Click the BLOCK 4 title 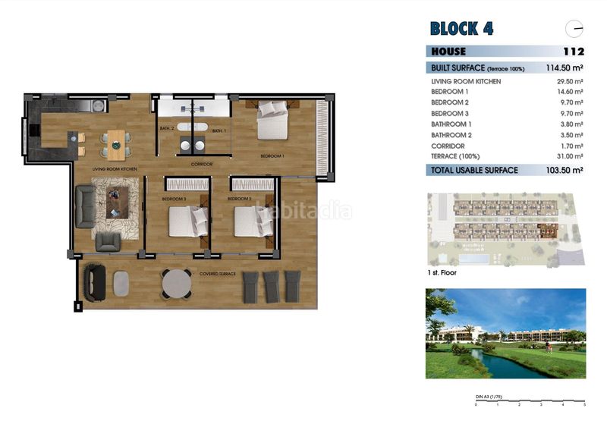[x=461, y=29]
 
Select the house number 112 [x=574, y=52]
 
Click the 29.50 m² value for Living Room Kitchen [x=570, y=81]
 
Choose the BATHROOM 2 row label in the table [x=451, y=134]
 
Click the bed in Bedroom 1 [x=272, y=121]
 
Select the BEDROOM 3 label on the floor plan [x=174, y=199]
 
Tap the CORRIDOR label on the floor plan [x=201, y=164]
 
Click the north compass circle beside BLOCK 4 [x=574, y=29]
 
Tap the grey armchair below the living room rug [x=109, y=242]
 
